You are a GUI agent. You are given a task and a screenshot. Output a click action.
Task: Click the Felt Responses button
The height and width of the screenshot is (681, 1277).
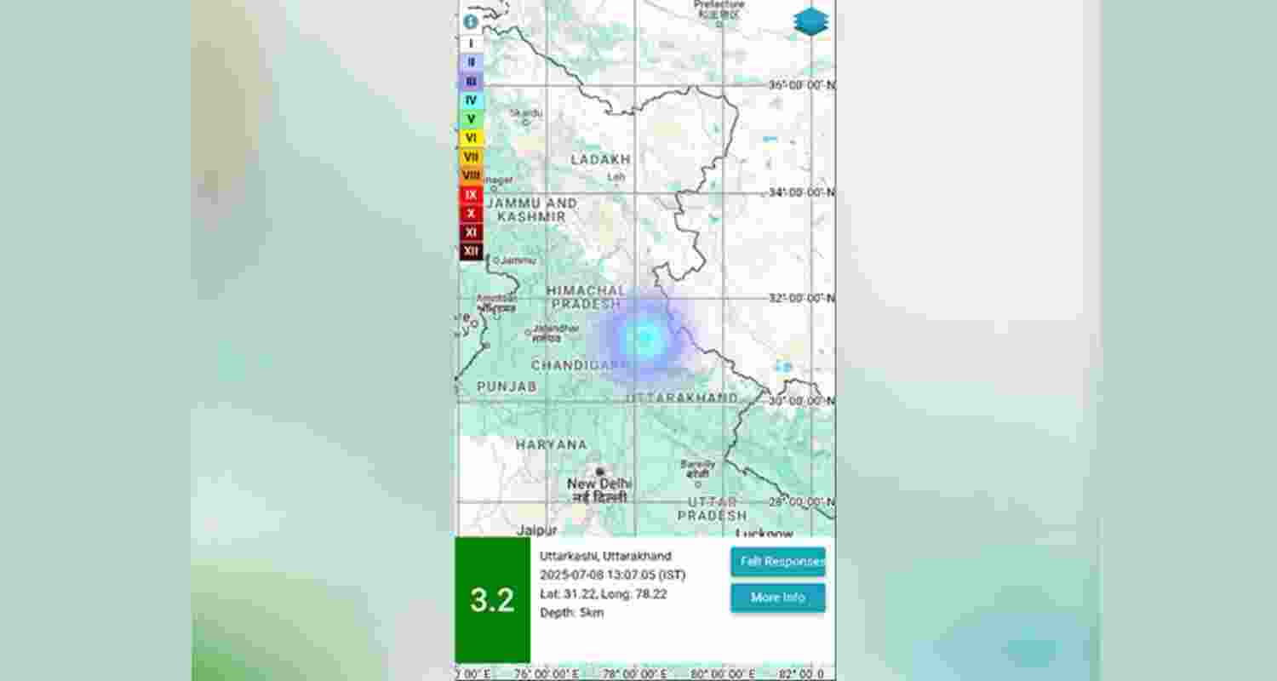(x=777, y=562)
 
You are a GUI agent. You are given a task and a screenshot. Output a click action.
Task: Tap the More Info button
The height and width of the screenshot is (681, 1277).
(x=777, y=598)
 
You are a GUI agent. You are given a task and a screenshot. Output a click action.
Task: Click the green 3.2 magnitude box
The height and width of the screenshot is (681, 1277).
(x=492, y=600)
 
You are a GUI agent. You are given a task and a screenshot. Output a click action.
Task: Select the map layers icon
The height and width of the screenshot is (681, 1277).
(x=810, y=21)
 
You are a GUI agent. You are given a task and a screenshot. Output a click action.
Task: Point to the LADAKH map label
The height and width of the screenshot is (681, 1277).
(x=600, y=159)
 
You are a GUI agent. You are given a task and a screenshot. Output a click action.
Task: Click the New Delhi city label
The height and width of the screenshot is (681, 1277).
(x=599, y=484)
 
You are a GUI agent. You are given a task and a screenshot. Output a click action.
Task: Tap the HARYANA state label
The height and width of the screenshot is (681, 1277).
(x=551, y=444)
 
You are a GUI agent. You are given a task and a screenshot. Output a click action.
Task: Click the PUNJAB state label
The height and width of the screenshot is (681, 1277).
(x=507, y=386)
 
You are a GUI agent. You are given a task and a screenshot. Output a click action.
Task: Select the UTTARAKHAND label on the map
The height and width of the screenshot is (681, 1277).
(x=682, y=398)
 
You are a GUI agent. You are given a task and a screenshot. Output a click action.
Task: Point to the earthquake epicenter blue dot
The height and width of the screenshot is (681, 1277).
(x=644, y=338)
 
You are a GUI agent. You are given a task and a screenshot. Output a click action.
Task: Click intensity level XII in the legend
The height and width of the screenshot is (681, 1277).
(x=471, y=251)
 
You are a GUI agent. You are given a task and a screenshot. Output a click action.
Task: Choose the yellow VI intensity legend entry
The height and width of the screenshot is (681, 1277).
(x=471, y=138)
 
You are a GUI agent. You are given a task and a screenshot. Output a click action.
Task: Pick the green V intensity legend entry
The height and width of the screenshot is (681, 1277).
(x=471, y=119)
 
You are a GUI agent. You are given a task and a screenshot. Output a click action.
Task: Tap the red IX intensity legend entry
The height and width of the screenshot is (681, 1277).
(x=471, y=195)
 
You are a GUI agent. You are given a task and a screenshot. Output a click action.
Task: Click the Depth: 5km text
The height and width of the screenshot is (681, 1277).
(x=571, y=612)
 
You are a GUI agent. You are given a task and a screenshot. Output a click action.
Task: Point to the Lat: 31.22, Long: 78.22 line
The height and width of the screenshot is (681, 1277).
(x=604, y=593)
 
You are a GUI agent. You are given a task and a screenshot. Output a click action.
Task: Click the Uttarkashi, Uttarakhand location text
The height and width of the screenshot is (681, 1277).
(x=605, y=556)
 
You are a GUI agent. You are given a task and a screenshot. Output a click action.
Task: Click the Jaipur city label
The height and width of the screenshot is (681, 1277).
(x=536, y=529)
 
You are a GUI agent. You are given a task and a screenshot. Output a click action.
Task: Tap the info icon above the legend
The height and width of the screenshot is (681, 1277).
(x=471, y=22)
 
